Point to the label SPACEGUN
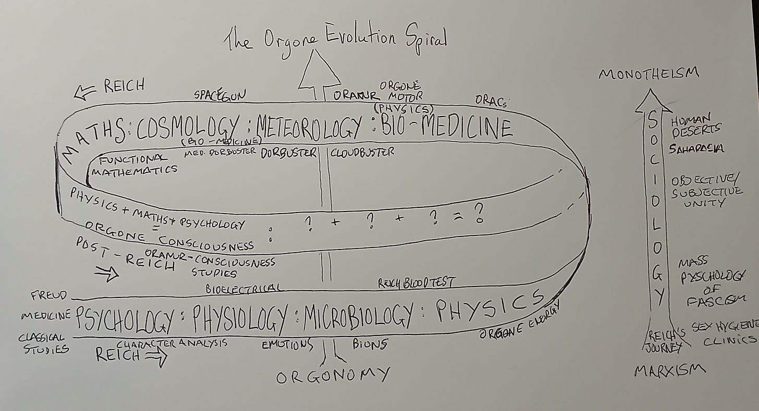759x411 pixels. pyautogui.click(x=219, y=95)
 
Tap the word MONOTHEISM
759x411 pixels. pyautogui.click(x=648, y=74)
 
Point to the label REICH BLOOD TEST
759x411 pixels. pyautogui.click(x=417, y=283)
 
